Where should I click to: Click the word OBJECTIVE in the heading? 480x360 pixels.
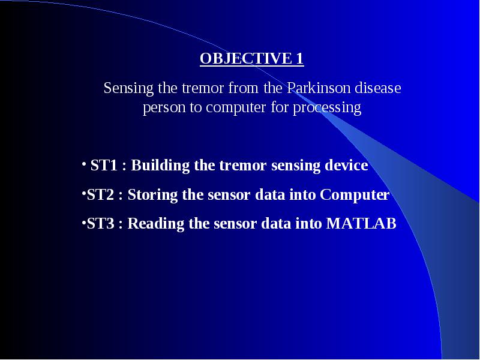246,58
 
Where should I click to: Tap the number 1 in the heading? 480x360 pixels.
299,58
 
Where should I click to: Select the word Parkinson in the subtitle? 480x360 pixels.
319,88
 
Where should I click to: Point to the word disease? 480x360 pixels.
378,88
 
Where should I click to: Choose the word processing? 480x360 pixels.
327,108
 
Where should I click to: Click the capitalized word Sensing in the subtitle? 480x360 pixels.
128,88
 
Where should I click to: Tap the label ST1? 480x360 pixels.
104,166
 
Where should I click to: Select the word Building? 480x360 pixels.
160,166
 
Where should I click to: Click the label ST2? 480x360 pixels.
100,194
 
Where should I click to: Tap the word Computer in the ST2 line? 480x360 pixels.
355,195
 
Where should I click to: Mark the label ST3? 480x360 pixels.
100,223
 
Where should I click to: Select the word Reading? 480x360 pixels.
156,224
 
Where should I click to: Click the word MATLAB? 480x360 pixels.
361,223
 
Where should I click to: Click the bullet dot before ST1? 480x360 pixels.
84,164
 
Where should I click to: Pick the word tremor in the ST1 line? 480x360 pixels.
243,166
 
